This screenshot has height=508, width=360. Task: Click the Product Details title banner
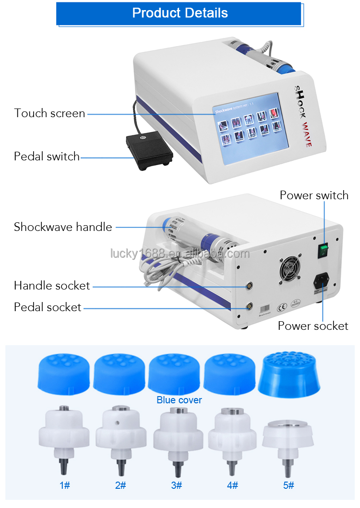180,13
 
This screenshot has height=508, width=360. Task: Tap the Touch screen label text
49,113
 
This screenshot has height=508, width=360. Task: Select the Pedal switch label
47,157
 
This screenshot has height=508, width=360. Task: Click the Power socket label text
313,326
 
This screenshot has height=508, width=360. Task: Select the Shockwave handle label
63,227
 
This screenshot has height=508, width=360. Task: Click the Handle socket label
52,286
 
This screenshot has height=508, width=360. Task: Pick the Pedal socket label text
48,307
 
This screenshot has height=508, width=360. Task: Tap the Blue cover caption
179,400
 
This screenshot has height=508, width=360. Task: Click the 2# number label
120,485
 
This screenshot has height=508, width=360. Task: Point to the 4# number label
232,485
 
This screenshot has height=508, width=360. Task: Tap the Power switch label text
314,195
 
